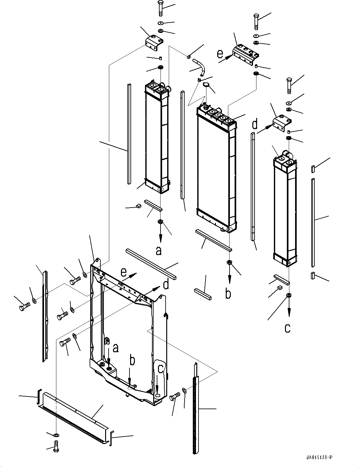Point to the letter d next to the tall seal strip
pyautogui.click(x=255, y=124)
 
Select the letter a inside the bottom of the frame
pyautogui.click(x=116, y=348)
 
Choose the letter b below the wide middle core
pyautogui.click(x=228, y=293)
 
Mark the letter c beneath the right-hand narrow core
pyautogui.click(x=287, y=328)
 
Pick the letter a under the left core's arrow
pyautogui.click(x=159, y=251)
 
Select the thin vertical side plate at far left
pyautogui.click(x=45, y=316)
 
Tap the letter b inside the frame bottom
pyautogui.click(x=133, y=361)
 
